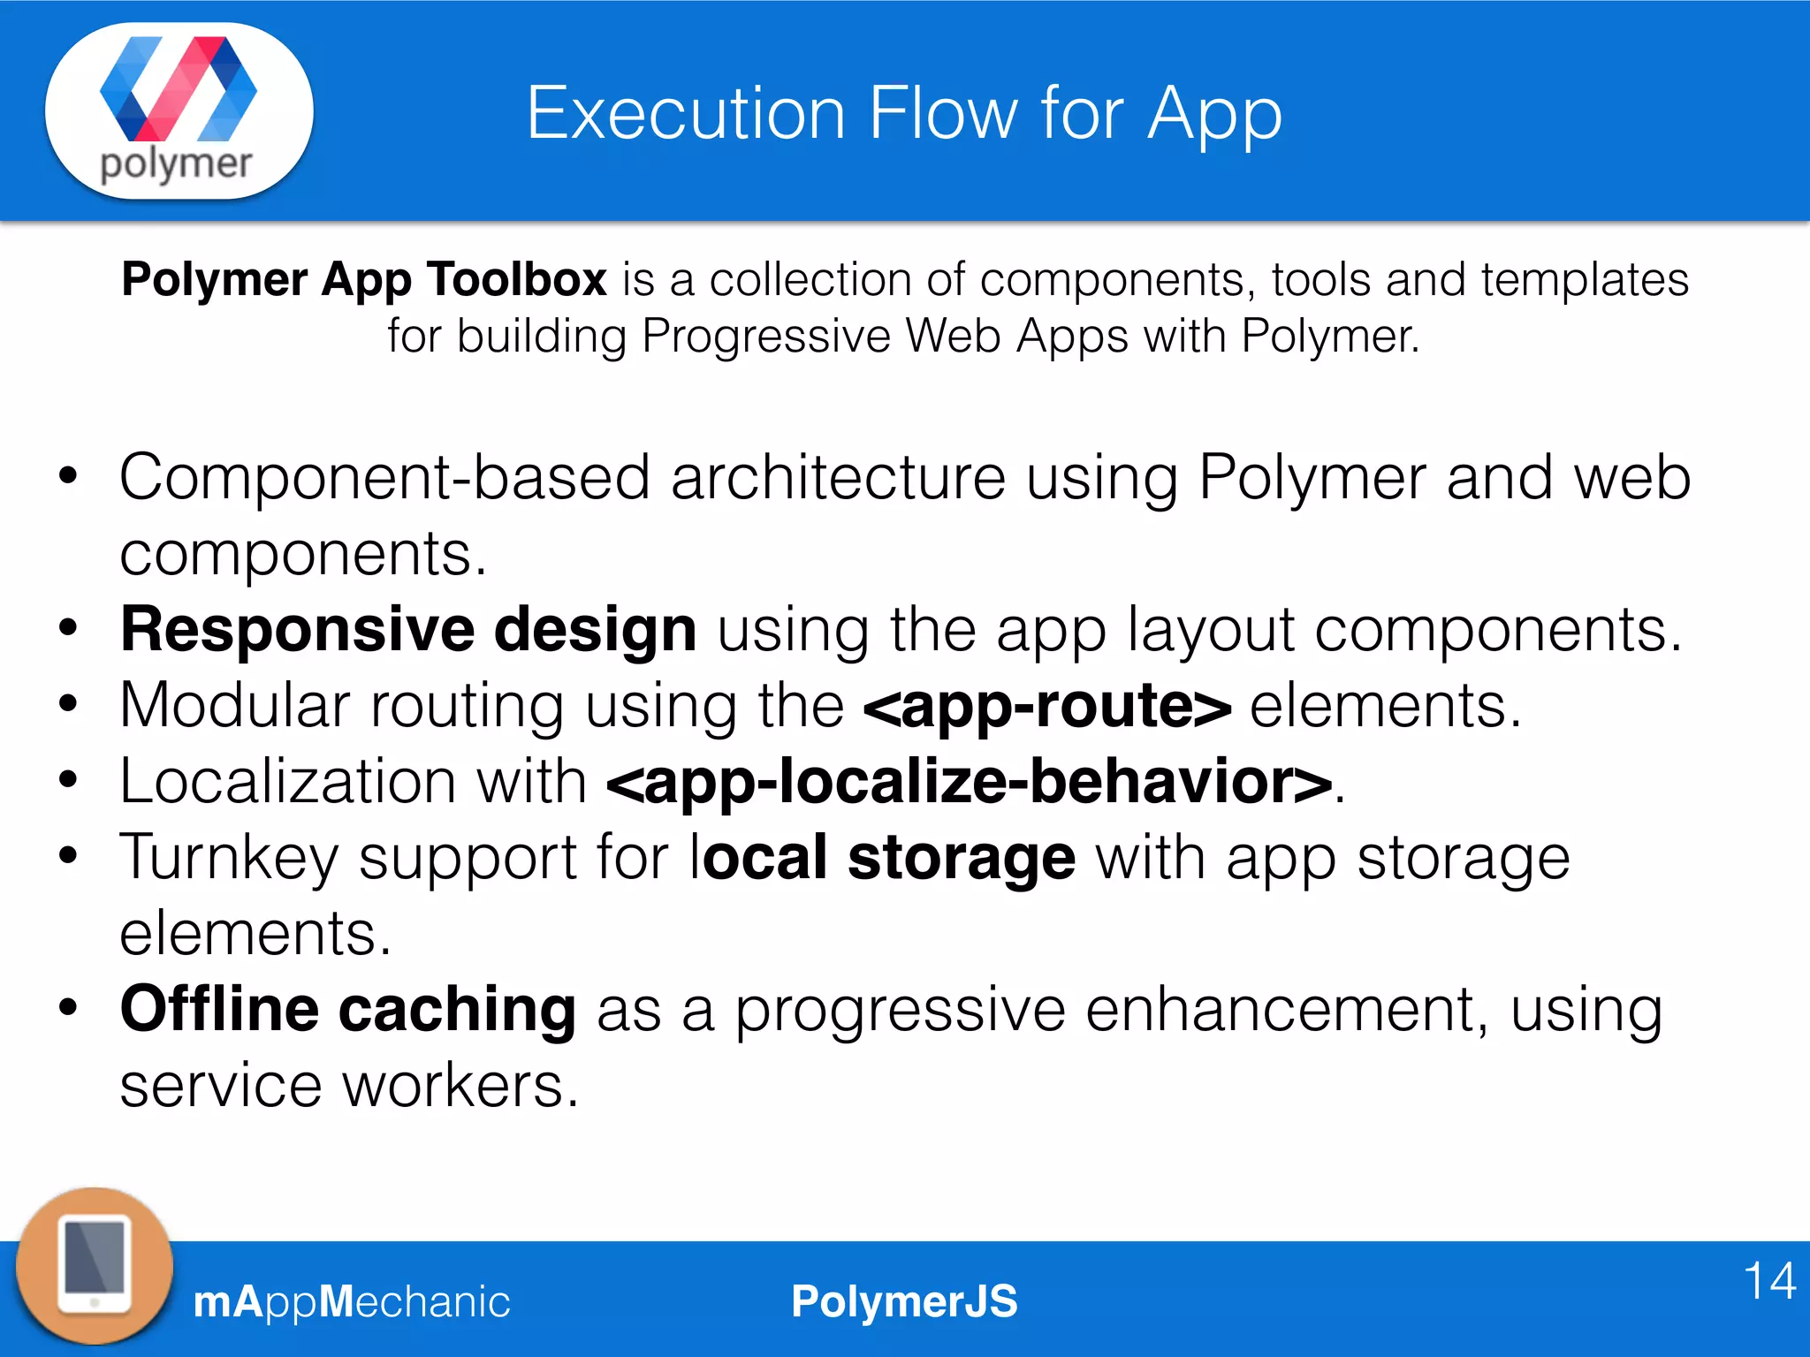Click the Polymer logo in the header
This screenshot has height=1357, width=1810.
(x=179, y=110)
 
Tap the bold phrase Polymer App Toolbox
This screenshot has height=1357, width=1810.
(x=364, y=280)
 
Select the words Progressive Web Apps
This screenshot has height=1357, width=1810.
(x=885, y=337)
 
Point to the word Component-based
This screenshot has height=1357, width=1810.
(x=384, y=478)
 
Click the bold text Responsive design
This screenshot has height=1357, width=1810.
(x=408, y=630)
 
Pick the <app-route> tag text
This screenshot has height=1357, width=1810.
(x=1047, y=707)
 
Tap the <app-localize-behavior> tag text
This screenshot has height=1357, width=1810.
(x=969, y=783)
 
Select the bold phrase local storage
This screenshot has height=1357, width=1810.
(x=883, y=858)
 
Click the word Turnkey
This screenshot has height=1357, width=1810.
(x=229, y=858)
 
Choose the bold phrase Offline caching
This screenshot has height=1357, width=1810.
(x=348, y=1010)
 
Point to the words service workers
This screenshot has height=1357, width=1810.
(x=349, y=1086)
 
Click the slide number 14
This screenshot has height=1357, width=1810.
(x=1769, y=1280)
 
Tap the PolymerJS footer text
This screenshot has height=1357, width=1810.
(x=904, y=1301)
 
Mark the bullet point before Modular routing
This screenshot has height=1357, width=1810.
(x=68, y=704)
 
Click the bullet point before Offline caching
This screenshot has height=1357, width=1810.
(x=68, y=1008)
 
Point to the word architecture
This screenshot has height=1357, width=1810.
(x=838, y=478)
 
